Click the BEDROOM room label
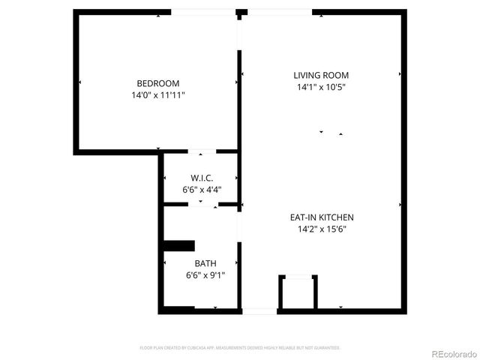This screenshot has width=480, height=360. click(157, 83)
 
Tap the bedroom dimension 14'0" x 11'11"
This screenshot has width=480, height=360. click(157, 95)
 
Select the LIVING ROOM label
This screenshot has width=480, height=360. click(320, 75)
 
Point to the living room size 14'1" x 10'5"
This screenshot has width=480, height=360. click(320, 87)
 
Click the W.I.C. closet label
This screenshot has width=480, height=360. click(202, 178)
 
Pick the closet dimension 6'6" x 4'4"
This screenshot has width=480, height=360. click(202, 190)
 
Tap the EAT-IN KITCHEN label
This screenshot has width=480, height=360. click(321, 217)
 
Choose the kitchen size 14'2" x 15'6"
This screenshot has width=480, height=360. click(321, 229)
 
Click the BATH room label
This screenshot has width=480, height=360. click(205, 263)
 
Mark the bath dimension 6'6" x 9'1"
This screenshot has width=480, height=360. click(205, 275)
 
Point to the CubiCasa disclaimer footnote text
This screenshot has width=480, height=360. click(240, 348)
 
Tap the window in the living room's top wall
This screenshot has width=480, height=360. click(279, 12)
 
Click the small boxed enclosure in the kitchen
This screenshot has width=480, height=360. click(298, 292)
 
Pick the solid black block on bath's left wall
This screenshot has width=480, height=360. click(178, 245)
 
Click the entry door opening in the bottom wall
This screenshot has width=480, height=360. click(259, 310)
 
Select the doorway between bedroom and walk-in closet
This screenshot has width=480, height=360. click(202, 152)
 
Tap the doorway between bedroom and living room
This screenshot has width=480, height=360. click(240, 33)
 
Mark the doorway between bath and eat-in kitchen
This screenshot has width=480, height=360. click(240, 226)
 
